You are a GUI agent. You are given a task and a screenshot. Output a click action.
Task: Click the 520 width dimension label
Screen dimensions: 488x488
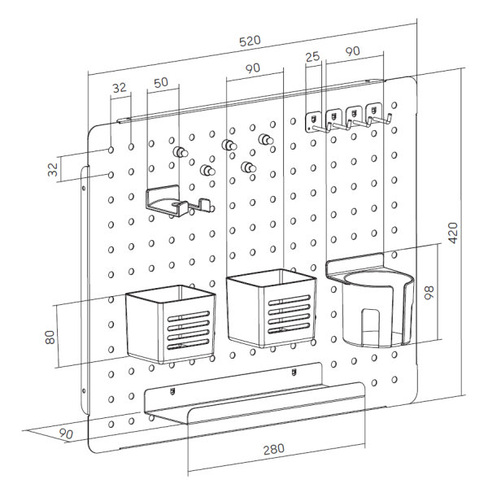pos(250,41)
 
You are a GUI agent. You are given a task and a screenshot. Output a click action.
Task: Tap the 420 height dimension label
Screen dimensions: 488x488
pos(453,233)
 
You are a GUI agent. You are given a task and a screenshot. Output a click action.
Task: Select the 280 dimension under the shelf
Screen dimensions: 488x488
pos(274,450)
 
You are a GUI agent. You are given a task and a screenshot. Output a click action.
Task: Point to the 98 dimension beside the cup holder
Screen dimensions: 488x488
pos(429,293)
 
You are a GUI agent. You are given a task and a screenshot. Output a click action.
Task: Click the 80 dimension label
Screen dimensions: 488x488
pos(50,338)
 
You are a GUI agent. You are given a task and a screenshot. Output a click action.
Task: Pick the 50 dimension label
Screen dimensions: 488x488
pos(161,82)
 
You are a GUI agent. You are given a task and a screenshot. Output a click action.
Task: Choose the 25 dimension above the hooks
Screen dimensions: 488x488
pos(312,57)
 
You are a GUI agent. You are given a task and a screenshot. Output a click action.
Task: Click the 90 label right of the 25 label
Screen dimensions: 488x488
pos(353,51)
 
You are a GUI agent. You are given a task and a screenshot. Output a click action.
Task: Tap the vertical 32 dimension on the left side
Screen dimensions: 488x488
pos(53,170)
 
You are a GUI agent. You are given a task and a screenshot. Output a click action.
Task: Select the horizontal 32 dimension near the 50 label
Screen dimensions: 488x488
pos(120,88)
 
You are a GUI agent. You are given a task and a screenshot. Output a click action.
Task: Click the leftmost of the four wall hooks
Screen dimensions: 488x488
pos(315,123)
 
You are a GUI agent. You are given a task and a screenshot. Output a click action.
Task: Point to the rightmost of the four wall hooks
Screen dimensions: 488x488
pos(377,115)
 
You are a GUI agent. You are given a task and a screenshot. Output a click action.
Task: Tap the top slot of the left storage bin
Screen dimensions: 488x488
pos(189,316)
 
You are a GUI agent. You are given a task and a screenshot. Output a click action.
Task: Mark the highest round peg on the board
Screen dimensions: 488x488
pos(265,139)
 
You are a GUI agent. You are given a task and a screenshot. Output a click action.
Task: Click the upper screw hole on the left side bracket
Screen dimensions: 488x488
pos(84,188)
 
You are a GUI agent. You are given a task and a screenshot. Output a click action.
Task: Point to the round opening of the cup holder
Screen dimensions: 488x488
pos(379,278)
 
